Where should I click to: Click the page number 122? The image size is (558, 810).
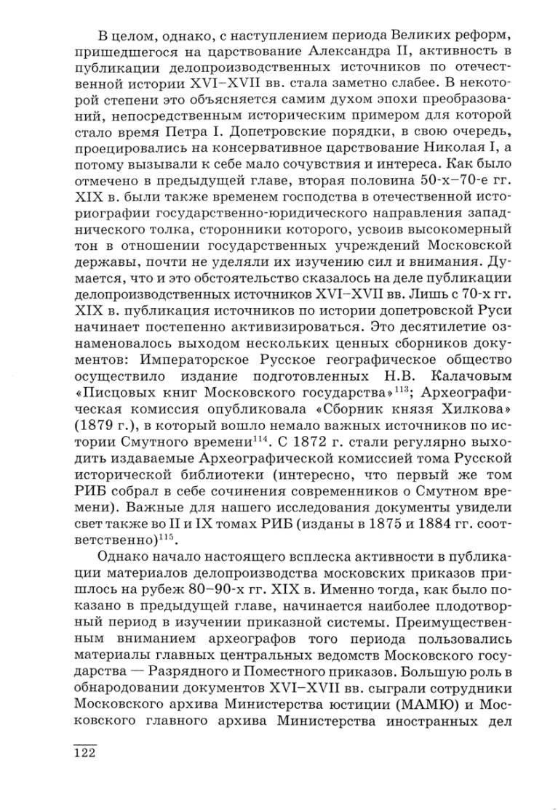tap(85, 753)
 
